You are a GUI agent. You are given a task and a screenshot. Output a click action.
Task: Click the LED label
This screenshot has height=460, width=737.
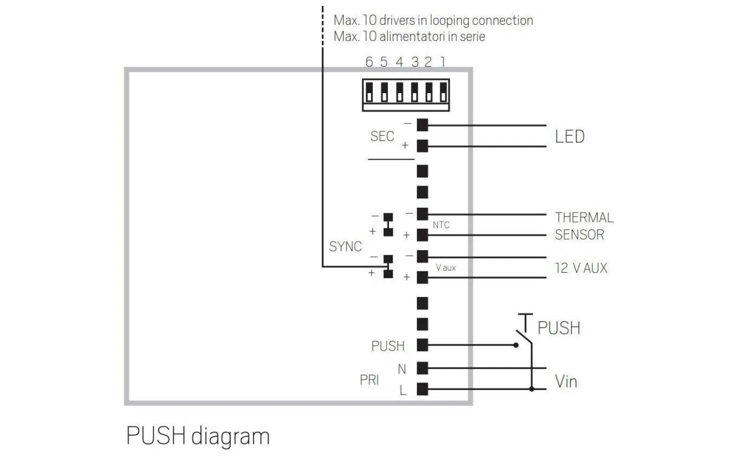[x=570, y=137]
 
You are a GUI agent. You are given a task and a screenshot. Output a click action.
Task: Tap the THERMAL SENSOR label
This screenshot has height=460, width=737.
[x=584, y=226]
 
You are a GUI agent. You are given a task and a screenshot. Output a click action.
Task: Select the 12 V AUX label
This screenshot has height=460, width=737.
[x=581, y=268]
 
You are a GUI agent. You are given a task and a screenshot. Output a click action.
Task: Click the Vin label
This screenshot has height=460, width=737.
[x=566, y=381]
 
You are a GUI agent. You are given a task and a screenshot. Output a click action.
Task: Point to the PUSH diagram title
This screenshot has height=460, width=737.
[x=198, y=436]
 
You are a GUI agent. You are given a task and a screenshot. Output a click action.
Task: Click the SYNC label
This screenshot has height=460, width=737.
[x=345, y=247]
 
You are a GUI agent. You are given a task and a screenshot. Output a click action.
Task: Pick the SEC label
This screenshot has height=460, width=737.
[x=382, y=137]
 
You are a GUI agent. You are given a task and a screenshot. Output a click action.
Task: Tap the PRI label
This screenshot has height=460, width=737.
[x=370, y=380]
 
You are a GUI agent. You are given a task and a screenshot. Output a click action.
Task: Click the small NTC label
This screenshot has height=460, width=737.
[x=441, y=225]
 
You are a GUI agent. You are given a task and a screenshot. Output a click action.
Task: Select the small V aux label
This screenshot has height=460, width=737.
[x=445, y=268]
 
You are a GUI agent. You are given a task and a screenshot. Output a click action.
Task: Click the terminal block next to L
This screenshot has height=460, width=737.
[x=422, y=389]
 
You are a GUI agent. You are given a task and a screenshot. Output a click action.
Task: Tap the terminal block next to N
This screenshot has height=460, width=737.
[x=422, y=367]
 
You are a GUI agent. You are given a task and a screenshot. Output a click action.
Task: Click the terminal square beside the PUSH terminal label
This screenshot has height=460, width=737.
[x=422, y=345]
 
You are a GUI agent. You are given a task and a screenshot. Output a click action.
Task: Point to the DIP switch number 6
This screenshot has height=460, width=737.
[x=369, y=96]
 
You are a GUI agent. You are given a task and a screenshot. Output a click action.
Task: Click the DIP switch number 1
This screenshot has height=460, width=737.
[x=443, y=96]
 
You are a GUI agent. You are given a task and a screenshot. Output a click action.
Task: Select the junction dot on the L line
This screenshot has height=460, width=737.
[x=532, y=389]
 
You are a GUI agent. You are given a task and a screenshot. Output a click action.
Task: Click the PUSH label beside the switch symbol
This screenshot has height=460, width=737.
[x=559, y=328]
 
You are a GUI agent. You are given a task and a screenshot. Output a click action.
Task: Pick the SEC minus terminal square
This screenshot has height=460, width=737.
[x=422, y=125]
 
